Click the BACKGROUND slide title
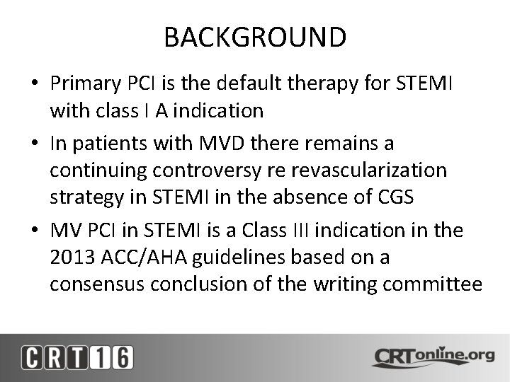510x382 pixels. [255, 37]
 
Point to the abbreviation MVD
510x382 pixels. [228, 144]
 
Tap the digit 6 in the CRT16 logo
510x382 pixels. [121, 357]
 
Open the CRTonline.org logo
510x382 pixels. [433, 356]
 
